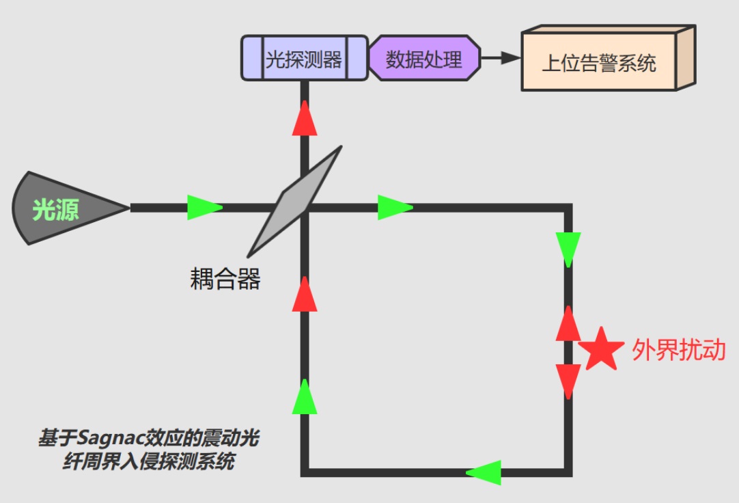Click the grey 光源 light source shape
[x=65, y=208]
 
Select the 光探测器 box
[x=304, y=59]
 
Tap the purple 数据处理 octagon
[x=424, y=59]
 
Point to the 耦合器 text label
[x=225, y=279]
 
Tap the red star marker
[x=601, y=349]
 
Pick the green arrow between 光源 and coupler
[x=204, y=207]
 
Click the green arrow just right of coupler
[x=395, y=207]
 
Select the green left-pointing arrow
[x=484, y=472]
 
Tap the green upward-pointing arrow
[x=305, y=397]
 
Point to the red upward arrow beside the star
[x=568, y=324]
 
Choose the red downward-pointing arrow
[x=568, y=380]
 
